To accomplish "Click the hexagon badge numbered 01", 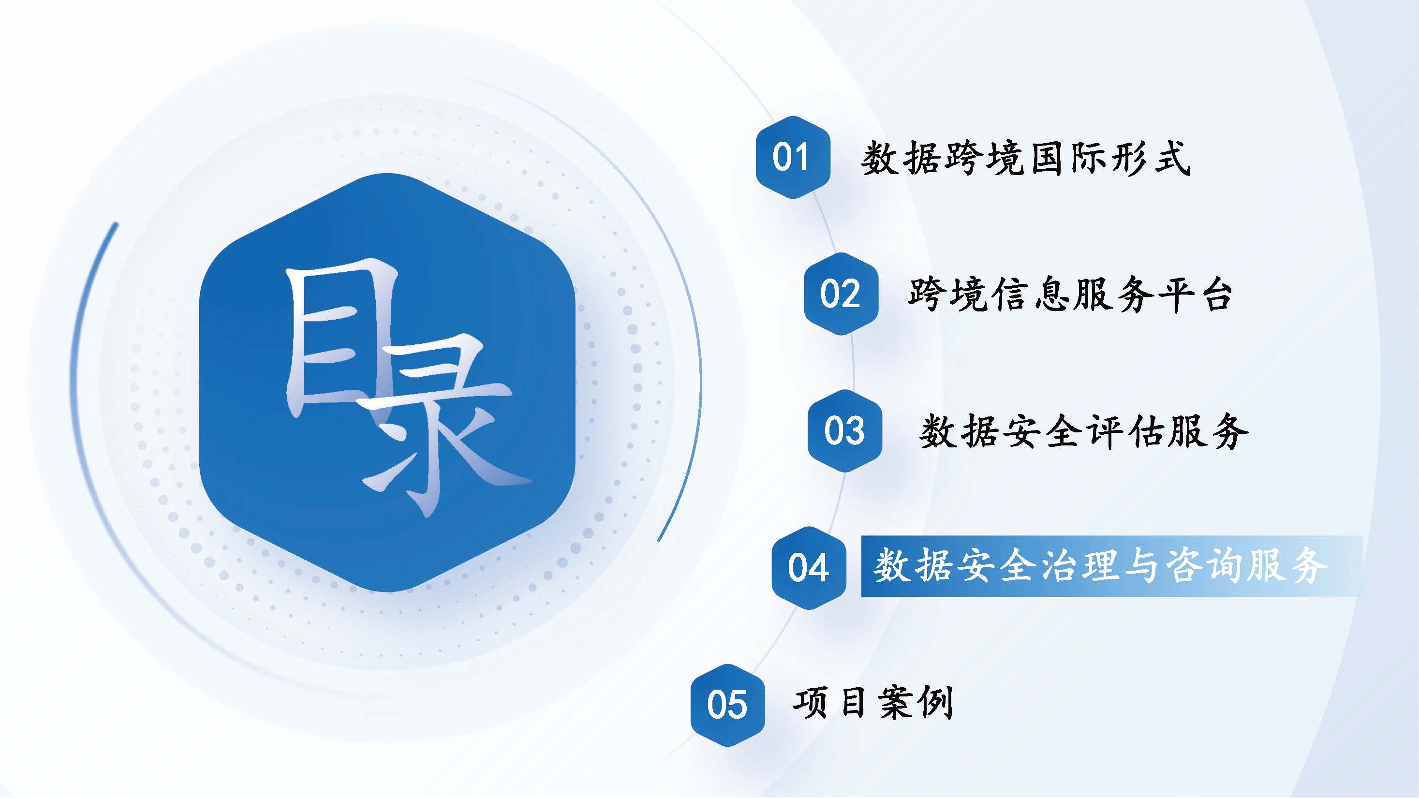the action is (793, 157).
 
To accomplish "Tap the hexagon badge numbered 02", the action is (841, 294).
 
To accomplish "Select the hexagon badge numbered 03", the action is (844, 430).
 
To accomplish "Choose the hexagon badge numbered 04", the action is (809, 567).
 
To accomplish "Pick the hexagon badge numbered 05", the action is (728, 705).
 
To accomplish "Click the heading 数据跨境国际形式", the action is (1026, 159).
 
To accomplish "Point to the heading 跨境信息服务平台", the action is (1070, 295).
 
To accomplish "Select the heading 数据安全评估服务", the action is (1083, 431).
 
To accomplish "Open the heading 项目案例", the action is (873, 703).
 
